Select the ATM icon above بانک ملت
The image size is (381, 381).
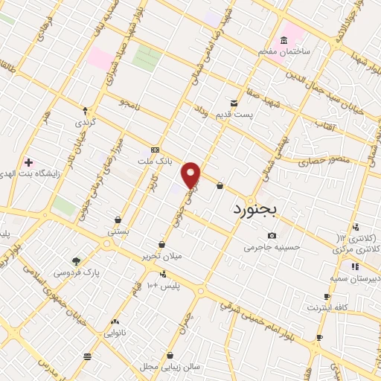click(x=155, y=150)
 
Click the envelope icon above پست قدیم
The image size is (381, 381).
click(x=234, y=103)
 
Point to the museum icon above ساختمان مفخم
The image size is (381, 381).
click(x=284, y=40)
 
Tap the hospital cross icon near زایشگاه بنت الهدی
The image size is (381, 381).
click(x=28, y=162)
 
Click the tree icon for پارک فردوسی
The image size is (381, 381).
click(x=75, y=260)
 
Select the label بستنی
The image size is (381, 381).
click(x=119, y=231)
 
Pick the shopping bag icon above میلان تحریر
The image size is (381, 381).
click(x=161, y=244)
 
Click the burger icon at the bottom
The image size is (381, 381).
click(x=88, y=357)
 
